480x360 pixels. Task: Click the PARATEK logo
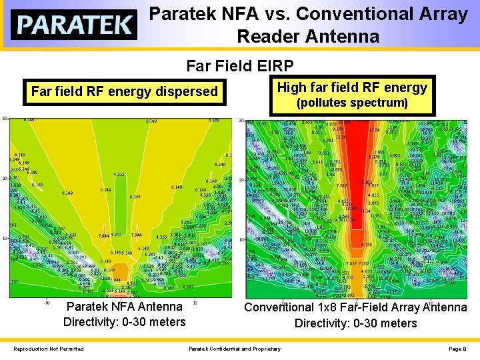point(74,25)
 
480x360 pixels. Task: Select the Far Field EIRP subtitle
point(239,66)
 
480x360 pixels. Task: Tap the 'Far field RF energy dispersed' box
point(125,91)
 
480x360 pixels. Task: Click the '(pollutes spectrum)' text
point(352,103)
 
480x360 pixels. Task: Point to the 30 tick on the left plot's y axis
point(4,119)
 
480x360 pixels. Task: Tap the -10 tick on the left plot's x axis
point(47,301)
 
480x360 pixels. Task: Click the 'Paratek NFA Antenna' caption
point(124,307)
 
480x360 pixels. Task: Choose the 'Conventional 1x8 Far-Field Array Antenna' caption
point(355,307)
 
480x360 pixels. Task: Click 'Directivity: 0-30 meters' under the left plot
point(124,323)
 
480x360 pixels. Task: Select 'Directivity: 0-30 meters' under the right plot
point(355,323)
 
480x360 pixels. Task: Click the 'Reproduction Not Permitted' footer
point(49,349)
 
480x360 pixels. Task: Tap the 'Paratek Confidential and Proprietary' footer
point(235,349)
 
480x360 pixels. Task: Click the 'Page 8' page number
point(457,349)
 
